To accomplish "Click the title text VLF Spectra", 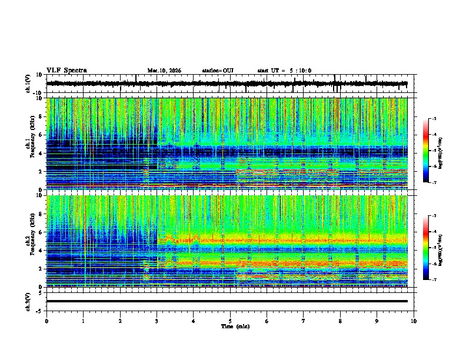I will [x=66, y=71].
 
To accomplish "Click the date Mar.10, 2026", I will [x=164, y=71].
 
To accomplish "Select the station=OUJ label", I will [x=218, y=71].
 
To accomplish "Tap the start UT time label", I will [x=284, y=71].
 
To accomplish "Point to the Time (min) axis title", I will [x=235, y=326].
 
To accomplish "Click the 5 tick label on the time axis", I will [x=230, y=321].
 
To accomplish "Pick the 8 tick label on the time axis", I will [x=340, y=321].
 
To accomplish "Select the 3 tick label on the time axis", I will [x=157, y=321].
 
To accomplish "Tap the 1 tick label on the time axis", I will [x=83, y=321].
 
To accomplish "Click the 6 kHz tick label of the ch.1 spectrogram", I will [x=42, y=135].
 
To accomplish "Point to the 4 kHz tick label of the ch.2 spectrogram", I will [x=42, y=250].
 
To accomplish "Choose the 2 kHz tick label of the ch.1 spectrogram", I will [x=42, y=171].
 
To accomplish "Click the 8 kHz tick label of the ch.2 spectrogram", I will [x=42, y=214].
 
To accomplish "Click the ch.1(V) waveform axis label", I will [x=28, y=84].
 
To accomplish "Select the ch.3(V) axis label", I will [x=28, y=301].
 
